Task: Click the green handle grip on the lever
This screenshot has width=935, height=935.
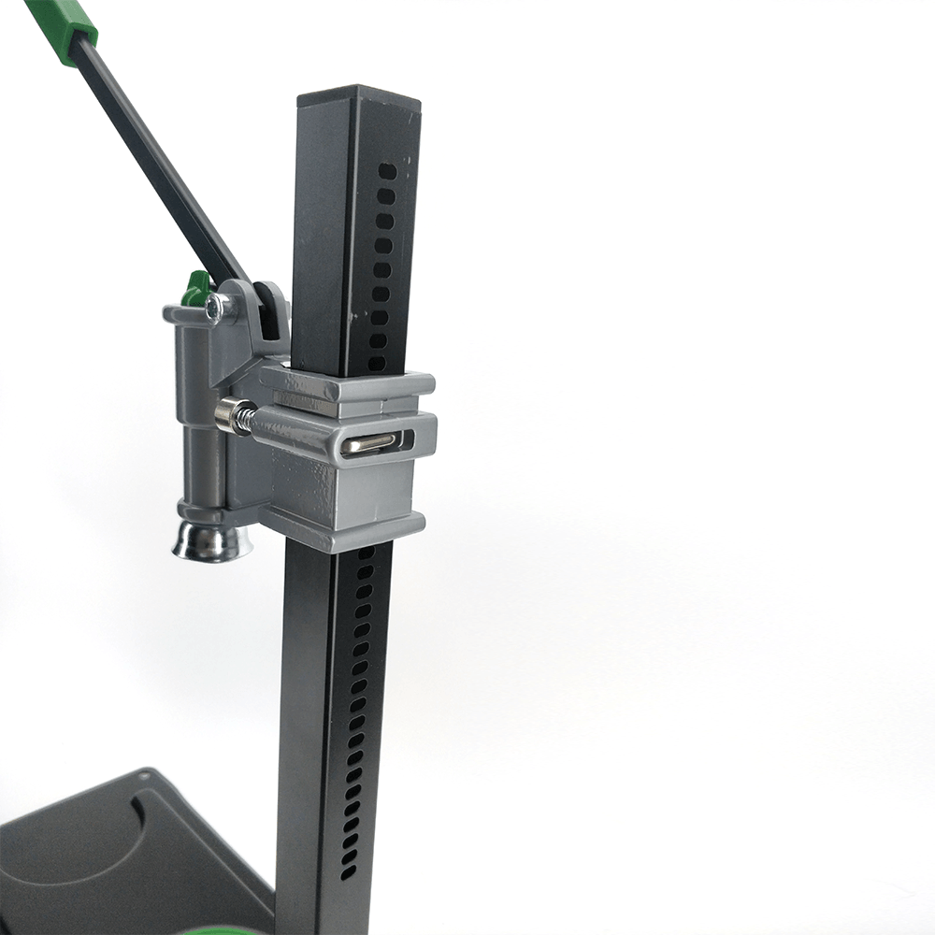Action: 62,23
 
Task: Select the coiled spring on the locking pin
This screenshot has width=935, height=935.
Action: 242,417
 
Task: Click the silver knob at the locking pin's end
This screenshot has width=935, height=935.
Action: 224,413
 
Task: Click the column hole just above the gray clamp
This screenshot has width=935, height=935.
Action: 377,363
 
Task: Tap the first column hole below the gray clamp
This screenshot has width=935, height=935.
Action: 366,554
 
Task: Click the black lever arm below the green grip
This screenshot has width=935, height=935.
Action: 159,159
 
